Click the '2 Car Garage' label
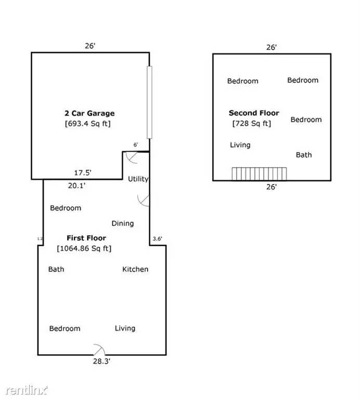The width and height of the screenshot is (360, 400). tap(89, 113)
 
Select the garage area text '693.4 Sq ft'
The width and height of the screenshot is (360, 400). tap(87, 123)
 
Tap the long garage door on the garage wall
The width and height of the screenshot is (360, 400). tap(149, 102)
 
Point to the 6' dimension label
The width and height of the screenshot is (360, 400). tap(136, 145)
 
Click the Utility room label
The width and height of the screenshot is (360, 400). tap(138, 179)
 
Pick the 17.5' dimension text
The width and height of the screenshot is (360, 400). tap(83, 172)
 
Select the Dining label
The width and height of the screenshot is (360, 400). tap(122, 223)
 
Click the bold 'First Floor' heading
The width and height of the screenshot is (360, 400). tap(86, 238)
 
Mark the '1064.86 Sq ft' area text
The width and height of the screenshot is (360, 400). tap(84, 248)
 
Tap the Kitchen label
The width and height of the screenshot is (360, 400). tap(135, 269)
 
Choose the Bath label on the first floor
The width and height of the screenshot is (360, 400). tap(56, 269)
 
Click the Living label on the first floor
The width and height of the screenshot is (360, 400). tap(125, 328)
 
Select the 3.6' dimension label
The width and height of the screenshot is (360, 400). tap(158, 239)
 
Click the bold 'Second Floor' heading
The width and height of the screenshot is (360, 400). tap(254, 113)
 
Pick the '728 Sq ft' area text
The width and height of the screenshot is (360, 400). tap(251, 123)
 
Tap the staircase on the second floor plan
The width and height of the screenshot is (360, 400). tap(260, 174)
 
